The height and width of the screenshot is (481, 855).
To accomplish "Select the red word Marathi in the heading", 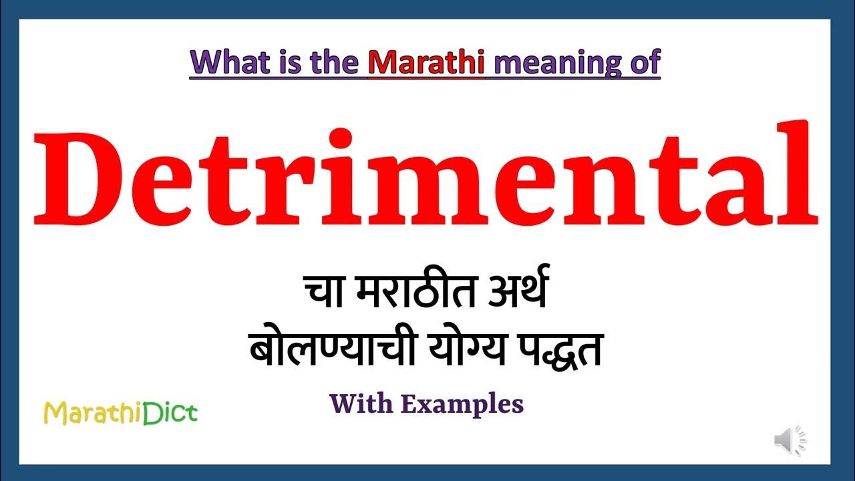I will coord(426,62).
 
